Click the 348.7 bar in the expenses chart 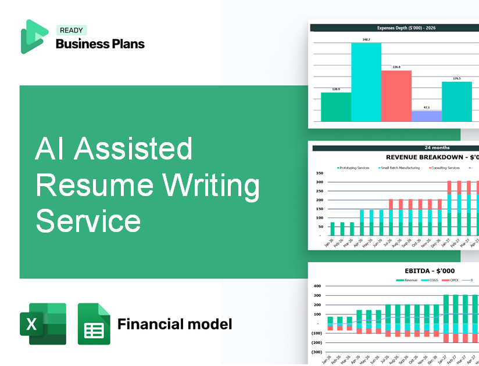(x=366, y=81)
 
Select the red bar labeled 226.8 (x=396, y=96)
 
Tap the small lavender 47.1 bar (x=427, y=116)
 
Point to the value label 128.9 (x=336, y=89)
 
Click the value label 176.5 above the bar (x=457, y=78)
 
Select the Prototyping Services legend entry (x=354, y=168)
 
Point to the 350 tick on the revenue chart (x=319, y=173)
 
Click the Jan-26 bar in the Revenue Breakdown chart (x=333, y=229)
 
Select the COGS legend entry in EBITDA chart (x=431, y=280)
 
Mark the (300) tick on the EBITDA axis (x=317, y=351)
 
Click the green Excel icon (x=43, y=324)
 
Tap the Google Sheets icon (x=94, y=324)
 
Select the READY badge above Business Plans (x=71, y=31)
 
